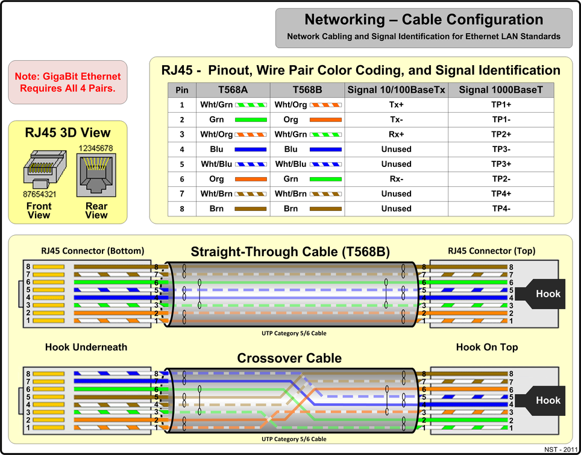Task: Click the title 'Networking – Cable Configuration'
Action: (x=424, y=19)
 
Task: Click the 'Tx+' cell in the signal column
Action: (x=396, y=104)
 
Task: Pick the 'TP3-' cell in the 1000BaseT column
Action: (x=501, y=149)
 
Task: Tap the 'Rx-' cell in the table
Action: (x=396, y=179)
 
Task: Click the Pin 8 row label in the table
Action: (x=181, y=209)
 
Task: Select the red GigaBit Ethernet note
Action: (x=68, y=83)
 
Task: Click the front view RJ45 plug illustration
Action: (x=41, y=168)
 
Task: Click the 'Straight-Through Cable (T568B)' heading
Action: (x=290, y=251)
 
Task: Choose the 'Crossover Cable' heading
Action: (x=289, y=358)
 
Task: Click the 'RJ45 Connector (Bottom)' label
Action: (x=84, y=251)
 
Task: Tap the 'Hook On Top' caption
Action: (x=487, y=347)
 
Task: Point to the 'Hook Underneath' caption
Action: (x=86, y=347)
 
